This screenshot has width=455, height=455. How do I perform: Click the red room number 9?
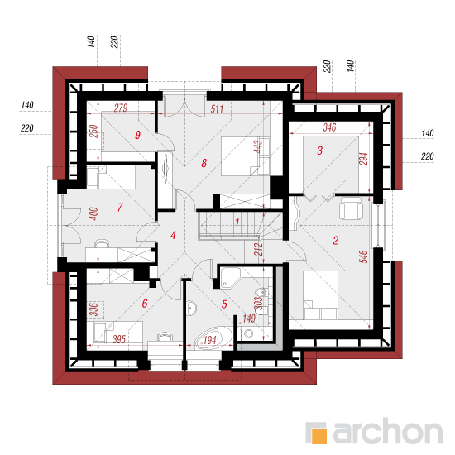(137, 135)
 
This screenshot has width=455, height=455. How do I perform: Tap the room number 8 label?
(204, 163)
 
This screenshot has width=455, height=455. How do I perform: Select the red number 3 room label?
(320, 151)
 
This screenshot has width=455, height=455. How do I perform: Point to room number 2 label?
(335, 240)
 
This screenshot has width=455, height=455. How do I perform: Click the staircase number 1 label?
(237, 223)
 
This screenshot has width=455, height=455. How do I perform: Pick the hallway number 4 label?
(173, 235)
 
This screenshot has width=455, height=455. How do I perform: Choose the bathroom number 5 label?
(224, 304)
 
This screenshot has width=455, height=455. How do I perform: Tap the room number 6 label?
(145, 304)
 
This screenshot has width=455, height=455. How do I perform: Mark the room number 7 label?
(120, 207)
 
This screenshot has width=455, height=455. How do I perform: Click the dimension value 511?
(217, 109)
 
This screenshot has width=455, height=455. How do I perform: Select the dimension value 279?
(121, 108)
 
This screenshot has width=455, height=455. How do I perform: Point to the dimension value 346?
(329, 127)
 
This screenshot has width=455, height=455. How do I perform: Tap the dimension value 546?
(363, 256)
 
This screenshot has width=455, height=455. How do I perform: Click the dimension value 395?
(119, 339)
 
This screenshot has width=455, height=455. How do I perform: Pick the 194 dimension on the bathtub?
(210, 340)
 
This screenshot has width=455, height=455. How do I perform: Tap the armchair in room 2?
(351, 208)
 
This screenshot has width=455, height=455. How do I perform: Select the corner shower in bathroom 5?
(231, 278)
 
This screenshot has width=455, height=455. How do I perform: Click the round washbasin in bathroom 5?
(192, 309)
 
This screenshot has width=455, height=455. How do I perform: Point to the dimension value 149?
(249, 318)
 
